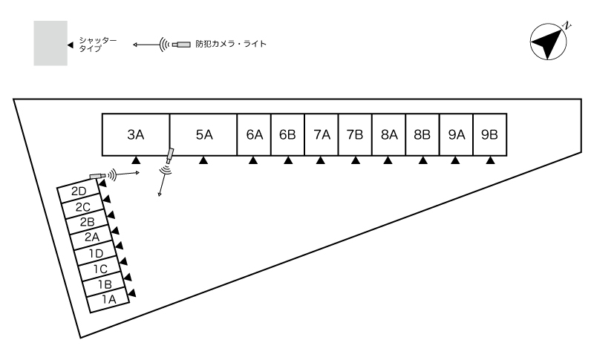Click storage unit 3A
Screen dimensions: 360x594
point(135,134)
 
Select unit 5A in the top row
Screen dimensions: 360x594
point(203,134)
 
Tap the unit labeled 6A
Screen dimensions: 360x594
point(254,134)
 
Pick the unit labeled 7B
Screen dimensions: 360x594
point(355,134)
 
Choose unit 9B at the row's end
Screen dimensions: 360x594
point(489,134)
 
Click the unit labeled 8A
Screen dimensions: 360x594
point(388,134)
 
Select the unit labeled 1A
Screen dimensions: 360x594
point(108,300)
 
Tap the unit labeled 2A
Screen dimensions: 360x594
point(91,238)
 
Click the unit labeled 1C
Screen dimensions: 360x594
point(99,269)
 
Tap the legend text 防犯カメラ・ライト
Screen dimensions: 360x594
point(229,44)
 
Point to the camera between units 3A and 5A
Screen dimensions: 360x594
point(169,156)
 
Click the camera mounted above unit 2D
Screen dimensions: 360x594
point(97,175)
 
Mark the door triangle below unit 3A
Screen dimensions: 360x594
point(135,160)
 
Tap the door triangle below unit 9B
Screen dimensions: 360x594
point(489,160)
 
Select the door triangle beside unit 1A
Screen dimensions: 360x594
point(132,294)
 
